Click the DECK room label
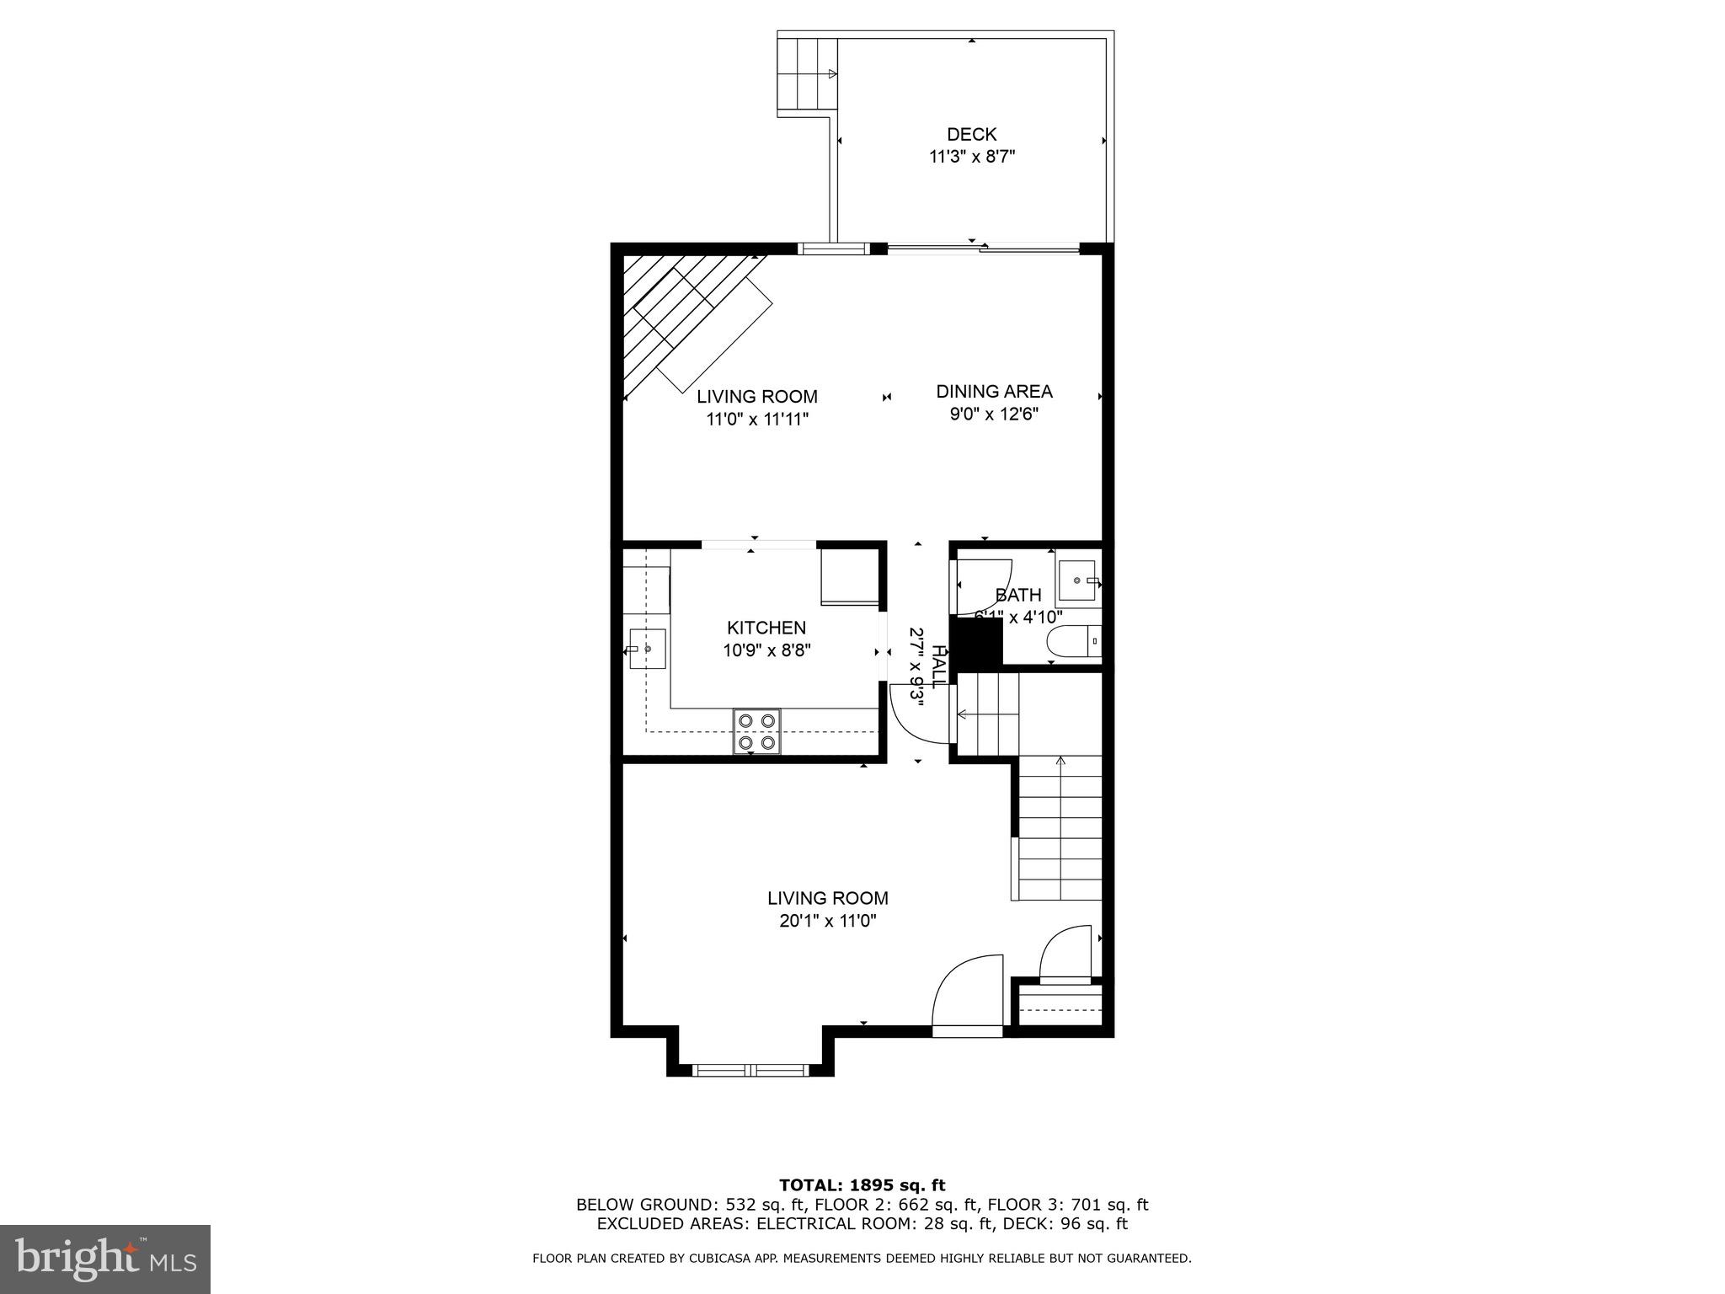[x=971, y=134]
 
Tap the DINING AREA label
[x=994, y=391]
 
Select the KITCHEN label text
[x=766, y=628]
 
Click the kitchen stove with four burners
[x=756, y=731]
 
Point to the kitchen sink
[x=647, y=649]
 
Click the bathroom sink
[x=1077, y=580]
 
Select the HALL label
[x=938, y=666]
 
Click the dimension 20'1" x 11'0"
[x=827, y=922]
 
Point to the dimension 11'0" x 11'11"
[x=756, y=420]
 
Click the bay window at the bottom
[x=750, y=1070]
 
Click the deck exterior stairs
[x=807, y=74]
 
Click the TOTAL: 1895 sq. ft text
[x=862, y=1185]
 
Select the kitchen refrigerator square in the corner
[x=849, y=576]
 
